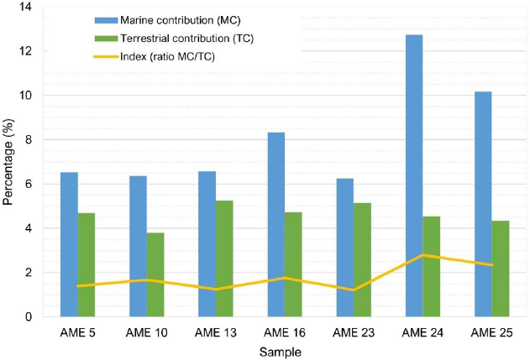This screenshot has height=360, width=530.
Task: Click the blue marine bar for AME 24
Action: (414, 176)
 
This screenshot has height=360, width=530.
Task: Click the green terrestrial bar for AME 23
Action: (362, 259)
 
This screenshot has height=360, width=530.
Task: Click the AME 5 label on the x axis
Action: (77, 332)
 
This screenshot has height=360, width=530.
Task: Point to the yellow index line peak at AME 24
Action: (422, 255)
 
